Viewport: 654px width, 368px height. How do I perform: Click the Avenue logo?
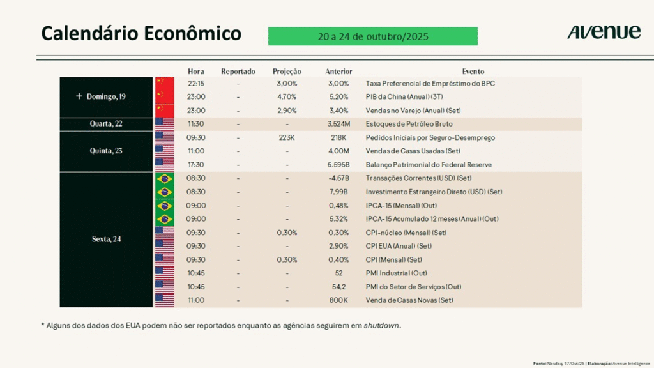pos(604,32)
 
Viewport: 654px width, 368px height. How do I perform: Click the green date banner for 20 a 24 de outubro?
pos(372,36)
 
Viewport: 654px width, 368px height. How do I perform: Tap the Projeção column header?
pos(287,72)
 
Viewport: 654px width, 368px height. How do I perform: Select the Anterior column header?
pos(338,72)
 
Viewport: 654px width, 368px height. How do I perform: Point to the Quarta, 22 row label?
pos(107,124)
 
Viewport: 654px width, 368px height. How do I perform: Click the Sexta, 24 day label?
pos(107,239)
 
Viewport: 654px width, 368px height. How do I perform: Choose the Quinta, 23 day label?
pos(107,151)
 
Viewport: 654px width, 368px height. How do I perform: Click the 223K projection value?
pos(287,137)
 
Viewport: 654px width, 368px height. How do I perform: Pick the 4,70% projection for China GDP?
pos(287,97)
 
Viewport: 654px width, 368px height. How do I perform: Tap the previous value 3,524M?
pos(338,124)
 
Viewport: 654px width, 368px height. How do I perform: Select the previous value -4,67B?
pos(338,178)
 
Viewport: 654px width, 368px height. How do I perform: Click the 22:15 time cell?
pos(197,84)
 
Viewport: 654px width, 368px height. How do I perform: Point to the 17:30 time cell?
pos(197,165)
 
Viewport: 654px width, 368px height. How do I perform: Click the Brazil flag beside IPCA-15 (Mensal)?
pos(165,206)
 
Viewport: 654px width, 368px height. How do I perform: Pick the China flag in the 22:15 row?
pos(165,84)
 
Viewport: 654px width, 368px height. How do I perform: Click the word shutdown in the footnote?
pos(382,326)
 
